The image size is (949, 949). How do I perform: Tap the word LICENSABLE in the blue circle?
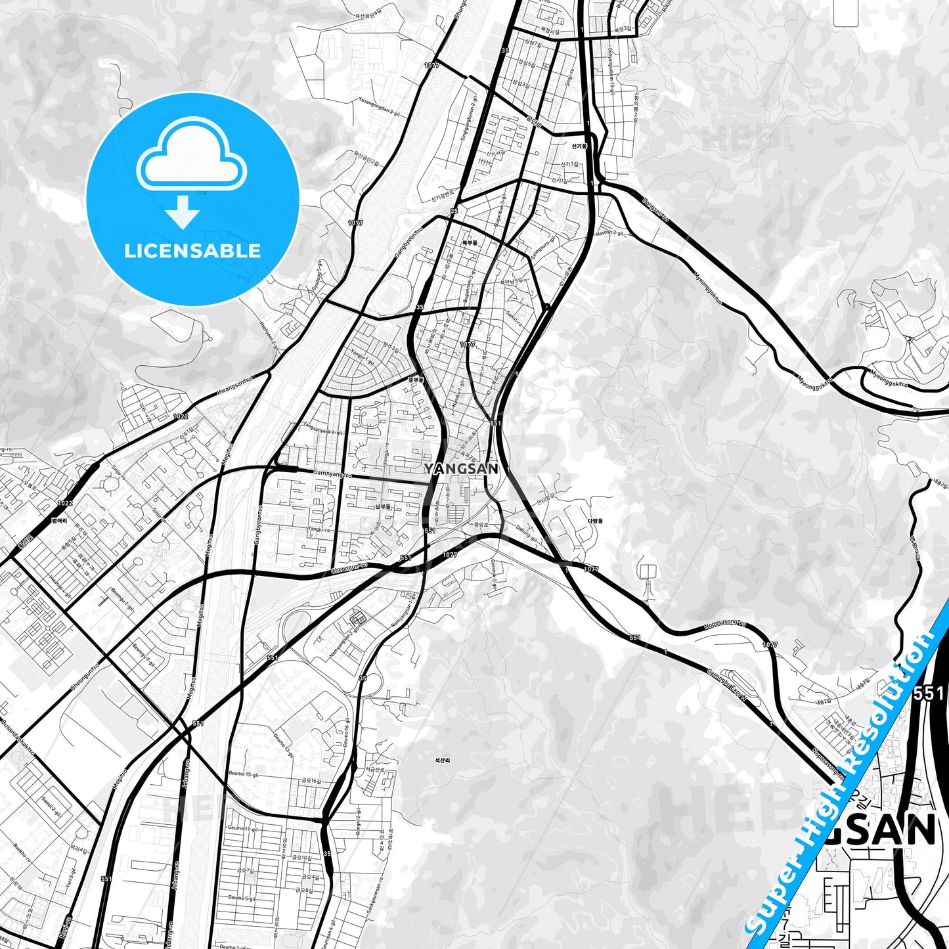coord(192,251)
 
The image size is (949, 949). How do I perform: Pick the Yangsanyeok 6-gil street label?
coord(320,428)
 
